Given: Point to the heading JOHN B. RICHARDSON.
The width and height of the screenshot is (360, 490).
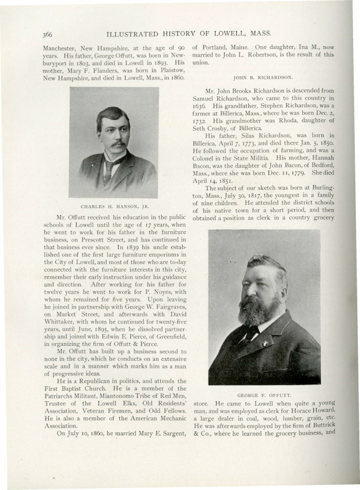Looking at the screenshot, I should pos(263,77).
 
